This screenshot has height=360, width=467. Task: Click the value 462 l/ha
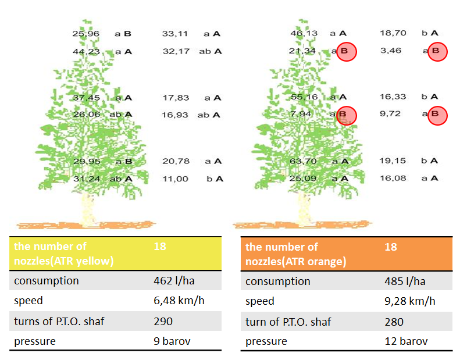pyautogui.click(x=173, y=281)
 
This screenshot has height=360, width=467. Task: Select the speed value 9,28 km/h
pyautogui.click(x=410, y=301)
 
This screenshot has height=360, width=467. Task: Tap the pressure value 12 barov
pyautogui.click(x=406, y=341)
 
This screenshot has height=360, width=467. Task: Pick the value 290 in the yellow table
pyautogui.click(x=163, y=321)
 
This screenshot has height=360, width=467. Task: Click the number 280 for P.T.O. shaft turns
pyautogui.click(x=394, y=322)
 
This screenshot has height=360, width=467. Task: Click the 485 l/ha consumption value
pyautogui.click(x=404, y=281)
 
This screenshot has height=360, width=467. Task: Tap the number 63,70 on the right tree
pyautogui.click(x=303, y=161)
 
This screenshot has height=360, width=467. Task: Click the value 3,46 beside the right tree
pyautogui.click(x=390, y=51)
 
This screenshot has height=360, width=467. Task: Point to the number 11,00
pyautogui.click(x=175, y=179)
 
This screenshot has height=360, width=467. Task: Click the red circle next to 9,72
pyautogui.click(x=437, y=115)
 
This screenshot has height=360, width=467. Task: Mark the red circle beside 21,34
pyautogui.click(x=346, y=52)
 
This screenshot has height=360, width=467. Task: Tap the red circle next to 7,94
pyautogui.click(x=346, y=115)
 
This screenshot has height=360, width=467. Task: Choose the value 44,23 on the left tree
pyautogui.click(x=86, y=51)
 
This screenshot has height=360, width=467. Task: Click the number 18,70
pyautogui.click(x=393, y=34)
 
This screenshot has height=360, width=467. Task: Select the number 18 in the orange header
pyautogui.click(x=391, y=247)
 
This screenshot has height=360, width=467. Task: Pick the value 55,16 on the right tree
pyautogui.click(x=303, y=97)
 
